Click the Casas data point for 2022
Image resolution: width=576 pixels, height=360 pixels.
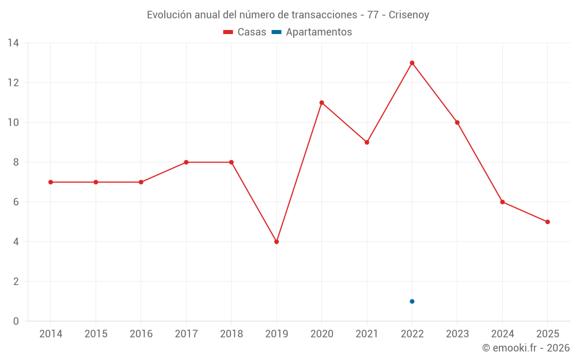[x=412, y=63]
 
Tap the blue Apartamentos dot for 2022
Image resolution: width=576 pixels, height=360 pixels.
[x=412, y=301]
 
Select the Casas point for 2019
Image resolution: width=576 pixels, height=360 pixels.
[x=276, y=242]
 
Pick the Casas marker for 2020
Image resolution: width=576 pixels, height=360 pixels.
[x=321, y=103]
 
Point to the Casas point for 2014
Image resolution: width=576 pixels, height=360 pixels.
[x=51, y=182]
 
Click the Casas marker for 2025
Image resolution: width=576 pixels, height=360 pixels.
[x=547, y=222]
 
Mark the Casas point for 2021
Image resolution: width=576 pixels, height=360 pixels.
[x=367, y=142]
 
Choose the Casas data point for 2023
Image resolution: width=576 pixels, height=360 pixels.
[x=457, y=123]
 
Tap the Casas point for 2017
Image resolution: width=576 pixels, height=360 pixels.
[x=186, y=162]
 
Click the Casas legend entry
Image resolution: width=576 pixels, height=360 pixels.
[x=245, y=32]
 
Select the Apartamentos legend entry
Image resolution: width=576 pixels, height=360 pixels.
[x=312, y=32]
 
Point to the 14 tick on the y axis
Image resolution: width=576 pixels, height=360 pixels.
[x=13, y=43]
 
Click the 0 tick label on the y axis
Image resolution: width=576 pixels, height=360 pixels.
[x=16, y=321]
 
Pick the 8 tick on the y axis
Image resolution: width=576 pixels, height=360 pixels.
[x=16, y=162]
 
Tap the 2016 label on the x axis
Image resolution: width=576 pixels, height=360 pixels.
[x=141, y=334]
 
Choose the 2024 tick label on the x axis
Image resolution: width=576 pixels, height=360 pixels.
[x=502, y=334]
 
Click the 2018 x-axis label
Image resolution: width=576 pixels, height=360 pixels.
[x=231, y=334]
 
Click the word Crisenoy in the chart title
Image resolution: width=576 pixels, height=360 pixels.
[x=409, y=15]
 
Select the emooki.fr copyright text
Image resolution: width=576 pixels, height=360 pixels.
[x=526, y=348]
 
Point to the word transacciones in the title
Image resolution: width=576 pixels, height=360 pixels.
[x=326, y=15]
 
